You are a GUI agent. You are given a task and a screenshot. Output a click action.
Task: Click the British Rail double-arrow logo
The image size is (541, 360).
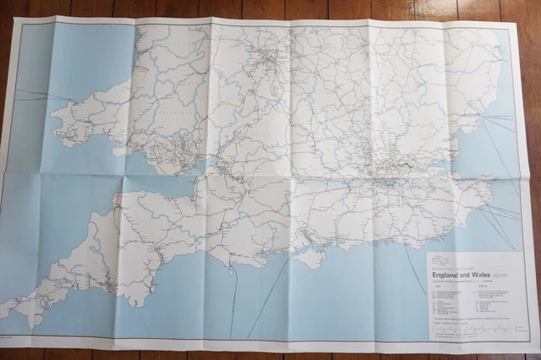[x=440, y=259]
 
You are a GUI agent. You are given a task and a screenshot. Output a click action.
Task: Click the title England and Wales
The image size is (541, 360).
[x=462, y=275]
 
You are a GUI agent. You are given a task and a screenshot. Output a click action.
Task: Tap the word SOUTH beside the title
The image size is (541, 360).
[x=502, y=275]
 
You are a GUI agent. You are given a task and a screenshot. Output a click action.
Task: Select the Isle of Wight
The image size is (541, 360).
[x=310, y=256]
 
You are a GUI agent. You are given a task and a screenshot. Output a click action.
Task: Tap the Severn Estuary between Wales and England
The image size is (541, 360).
[x=199, y=169]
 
